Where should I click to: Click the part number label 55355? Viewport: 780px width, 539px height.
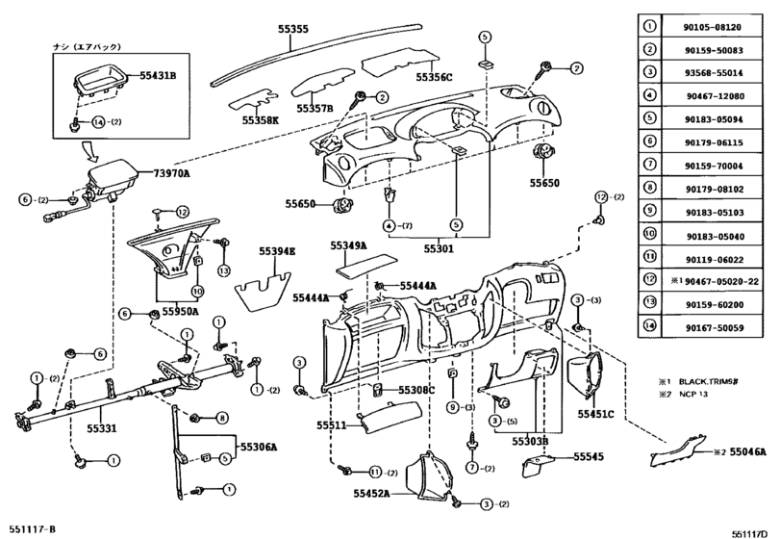pos(293,29)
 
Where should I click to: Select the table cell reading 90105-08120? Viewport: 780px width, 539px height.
pos(713,27)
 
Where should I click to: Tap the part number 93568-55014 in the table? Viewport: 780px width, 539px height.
pos(714,72)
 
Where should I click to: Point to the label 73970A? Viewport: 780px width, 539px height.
pos(171,173)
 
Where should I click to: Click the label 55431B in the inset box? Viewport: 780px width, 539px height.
pos(158,76)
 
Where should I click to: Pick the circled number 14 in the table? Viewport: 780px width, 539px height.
pos(649,326)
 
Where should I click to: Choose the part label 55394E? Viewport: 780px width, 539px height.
pos(277,251)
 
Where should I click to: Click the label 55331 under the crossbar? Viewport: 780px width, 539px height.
pos(102,428)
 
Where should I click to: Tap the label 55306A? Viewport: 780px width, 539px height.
pos(259,447)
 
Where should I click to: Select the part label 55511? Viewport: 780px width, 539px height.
pos(331,425)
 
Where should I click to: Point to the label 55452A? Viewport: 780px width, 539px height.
pos(371,493)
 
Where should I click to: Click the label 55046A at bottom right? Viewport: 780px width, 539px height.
pos(747,452)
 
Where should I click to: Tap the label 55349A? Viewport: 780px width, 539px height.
pos(349,245)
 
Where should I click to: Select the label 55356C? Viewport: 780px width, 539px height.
pos(435,77)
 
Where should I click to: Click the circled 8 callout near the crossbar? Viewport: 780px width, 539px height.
pos(221,418)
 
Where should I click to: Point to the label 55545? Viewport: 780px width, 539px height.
pos(589,456)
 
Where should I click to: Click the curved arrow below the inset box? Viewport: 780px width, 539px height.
pos(93,152)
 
